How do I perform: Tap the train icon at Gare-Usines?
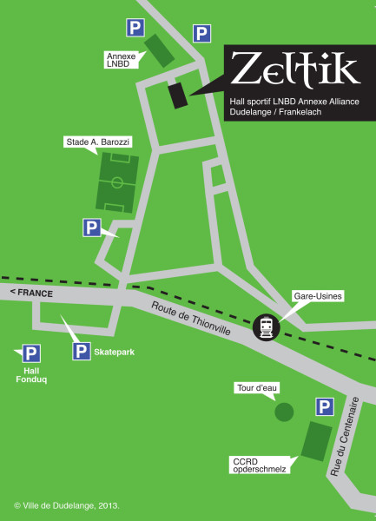pyautogui.click(x=266, y=326)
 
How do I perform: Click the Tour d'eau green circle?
pyautogui.click(x=284, y=412)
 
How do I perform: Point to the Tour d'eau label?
pyautogui.click(x=255, y=387)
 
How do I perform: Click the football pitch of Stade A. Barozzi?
pyautogui.click(x=117, y=183)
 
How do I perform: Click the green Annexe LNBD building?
pyautogui.click(x=158, y=50)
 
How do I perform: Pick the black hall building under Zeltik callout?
pyautogui.click(x=177, y=95)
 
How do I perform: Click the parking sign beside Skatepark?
pyautogui.click(x=81, y=352)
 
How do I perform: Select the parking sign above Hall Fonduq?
pyautogui.click(x=31, y=353)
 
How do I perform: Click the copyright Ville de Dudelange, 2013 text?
pyautogui.click(x=66, y=505)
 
